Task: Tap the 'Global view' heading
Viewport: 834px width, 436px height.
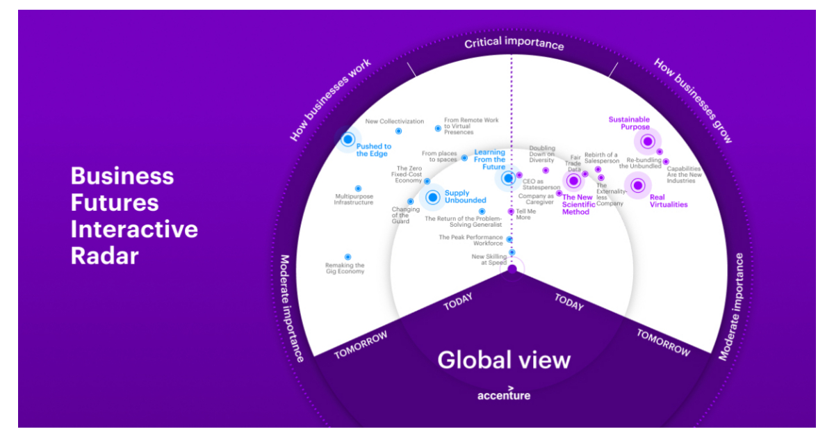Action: [x=503, y=360]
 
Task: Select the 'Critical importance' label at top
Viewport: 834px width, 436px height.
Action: [x=514, y=44]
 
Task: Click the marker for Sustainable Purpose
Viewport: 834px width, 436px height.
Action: [x=648, y=142]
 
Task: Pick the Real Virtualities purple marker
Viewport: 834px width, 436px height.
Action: [x=637, y=185]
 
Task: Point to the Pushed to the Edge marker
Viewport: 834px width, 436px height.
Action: [x=348, y=139]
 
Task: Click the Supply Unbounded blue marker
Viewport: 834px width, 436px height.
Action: [x=433, y=197]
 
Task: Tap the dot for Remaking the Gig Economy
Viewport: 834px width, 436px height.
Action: [x=347, y=257]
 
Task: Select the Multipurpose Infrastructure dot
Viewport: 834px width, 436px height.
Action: [x=358, y=188]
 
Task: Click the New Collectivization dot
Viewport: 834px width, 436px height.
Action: [x=398, y=131]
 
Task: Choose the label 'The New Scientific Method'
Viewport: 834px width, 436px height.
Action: [x=578, y=204]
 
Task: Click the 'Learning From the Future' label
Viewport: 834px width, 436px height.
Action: [x=489, y=159]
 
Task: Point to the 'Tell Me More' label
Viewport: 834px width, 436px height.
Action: [x=526, y=214]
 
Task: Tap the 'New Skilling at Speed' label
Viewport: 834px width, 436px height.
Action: [x=489, y=259]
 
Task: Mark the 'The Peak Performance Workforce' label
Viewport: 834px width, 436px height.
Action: [x=471, y=240]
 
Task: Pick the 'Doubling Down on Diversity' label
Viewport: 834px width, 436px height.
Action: [x=541, y=154]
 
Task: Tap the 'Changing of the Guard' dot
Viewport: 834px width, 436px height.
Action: [x=410, y=202]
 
